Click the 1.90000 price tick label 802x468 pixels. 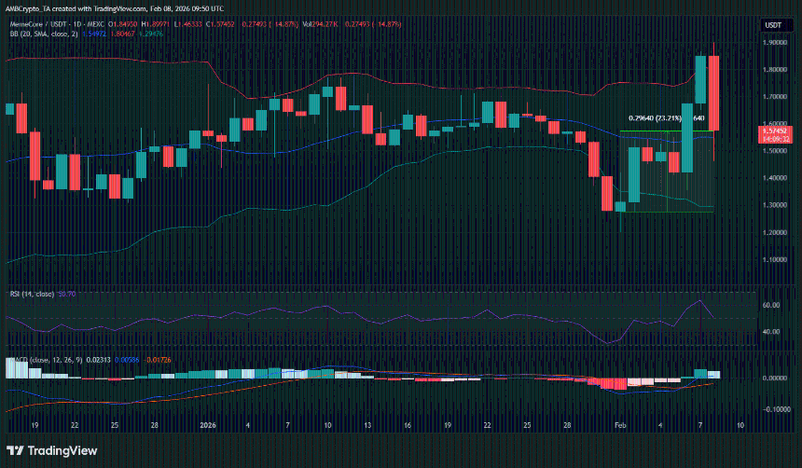point(773,42)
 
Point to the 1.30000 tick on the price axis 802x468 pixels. point(773,205)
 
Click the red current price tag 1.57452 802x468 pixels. point(774,131)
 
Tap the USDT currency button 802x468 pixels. point(773,25)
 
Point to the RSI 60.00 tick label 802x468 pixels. point(772,305)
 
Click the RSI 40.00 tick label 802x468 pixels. point(772,332)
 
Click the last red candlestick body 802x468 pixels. point(713,93)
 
